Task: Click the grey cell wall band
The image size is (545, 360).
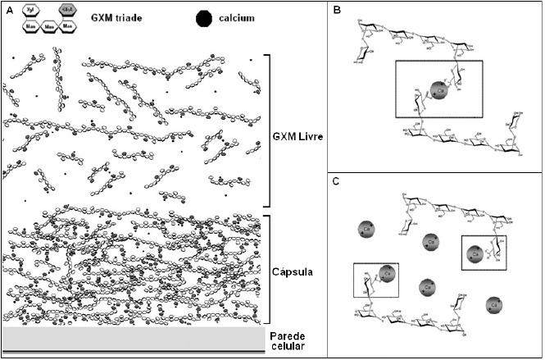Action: [131, 339]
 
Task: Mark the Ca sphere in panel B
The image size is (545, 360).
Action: [440, 89]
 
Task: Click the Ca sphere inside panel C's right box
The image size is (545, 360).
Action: [476, 254]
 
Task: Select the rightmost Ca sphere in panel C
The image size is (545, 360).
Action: [493, 305]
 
